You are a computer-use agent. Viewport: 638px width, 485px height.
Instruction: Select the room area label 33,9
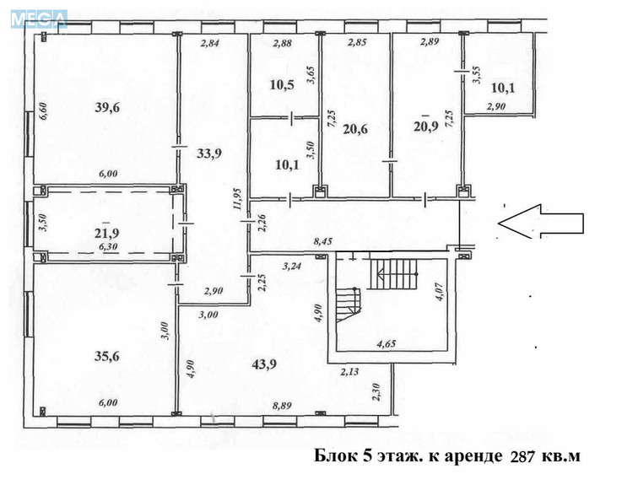pyautogui.click(x=209, y=154)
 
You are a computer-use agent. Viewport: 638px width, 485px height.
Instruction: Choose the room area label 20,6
pyautogui.click(x=357, y=129)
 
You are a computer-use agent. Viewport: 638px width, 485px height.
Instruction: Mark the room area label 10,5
pyautogui.click(x=282, y=85)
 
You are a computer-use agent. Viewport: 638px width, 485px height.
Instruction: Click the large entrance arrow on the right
pyautogui.click(x=541, y=223)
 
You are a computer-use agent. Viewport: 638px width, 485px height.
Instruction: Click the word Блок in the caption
pyautogui.click(x=333, y=456)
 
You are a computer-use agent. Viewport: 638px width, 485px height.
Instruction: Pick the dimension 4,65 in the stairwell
pyautogui.click(x=388, y=343)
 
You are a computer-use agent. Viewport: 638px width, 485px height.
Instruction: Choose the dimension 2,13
pyautogui.click(x=351, y=369)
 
